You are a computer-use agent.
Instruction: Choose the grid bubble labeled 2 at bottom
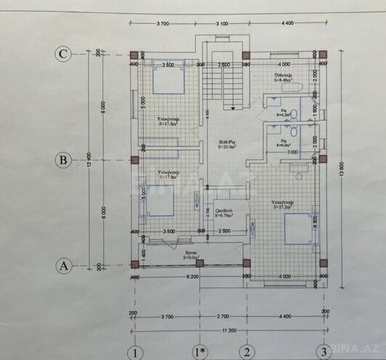(x=247, y=352)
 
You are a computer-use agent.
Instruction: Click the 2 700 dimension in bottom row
(x=223, y=316)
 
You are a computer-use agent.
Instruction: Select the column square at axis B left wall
(x=133, y=160)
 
